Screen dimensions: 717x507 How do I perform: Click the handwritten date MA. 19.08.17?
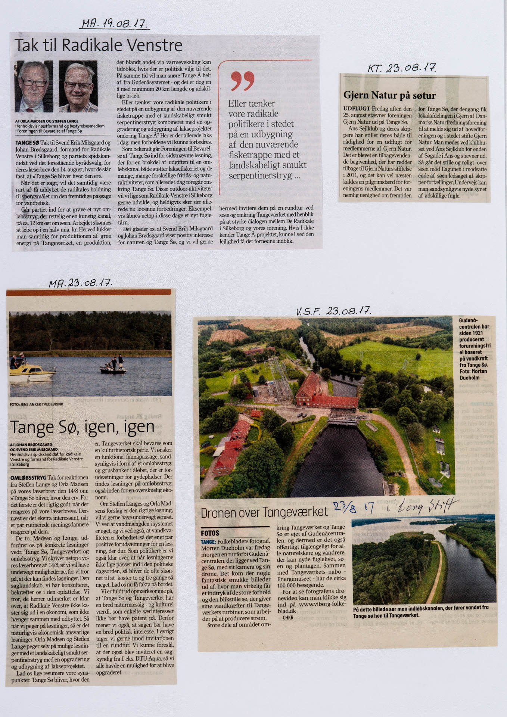coord(115,24)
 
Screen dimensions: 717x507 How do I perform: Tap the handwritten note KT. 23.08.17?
coord(402,68)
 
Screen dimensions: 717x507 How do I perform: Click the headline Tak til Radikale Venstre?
coord(99,46)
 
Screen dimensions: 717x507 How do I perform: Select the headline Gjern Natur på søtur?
coord(389,96)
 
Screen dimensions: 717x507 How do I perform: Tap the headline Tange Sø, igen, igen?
coord(82,427)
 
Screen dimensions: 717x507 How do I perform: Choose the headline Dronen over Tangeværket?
coord(264,512)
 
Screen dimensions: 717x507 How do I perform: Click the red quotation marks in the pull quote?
coord(243,81)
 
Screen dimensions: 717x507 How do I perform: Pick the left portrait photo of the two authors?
coord(34,86)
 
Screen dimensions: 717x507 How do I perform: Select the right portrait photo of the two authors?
coord(78,86)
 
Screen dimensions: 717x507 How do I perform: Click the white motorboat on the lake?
coord(32,371)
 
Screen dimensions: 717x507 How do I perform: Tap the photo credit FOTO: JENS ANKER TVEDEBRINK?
coord(37,404)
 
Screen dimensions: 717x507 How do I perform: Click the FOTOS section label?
coord(210,533)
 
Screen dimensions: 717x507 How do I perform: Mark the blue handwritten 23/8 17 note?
coord(353,506)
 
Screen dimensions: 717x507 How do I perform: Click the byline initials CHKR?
coord(288,618)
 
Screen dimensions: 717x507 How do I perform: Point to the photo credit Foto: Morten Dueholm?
coord(473,375)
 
